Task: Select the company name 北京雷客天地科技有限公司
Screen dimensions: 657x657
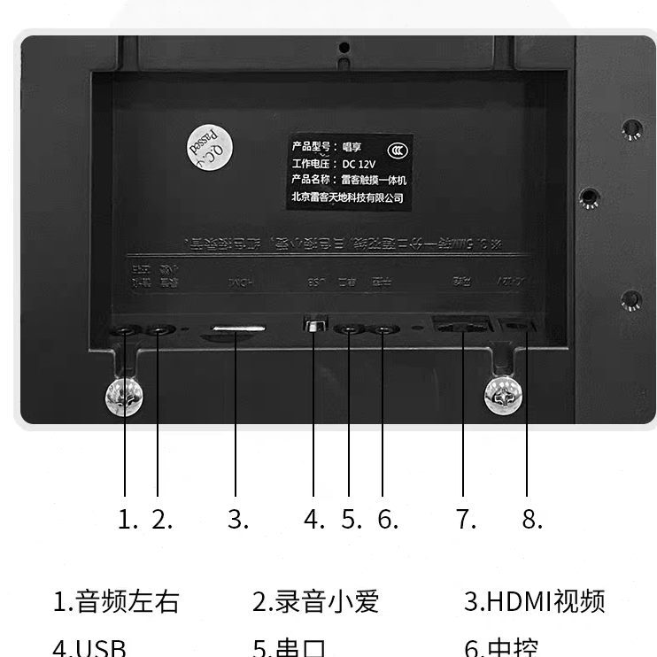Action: pyautogui.click(x=347, y=197)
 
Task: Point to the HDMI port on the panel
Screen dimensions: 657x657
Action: pyautogui.click(x=236, y=331)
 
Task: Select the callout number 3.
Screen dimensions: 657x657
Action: pyautogui.click(x=237, y=520)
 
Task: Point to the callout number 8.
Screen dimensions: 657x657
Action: pyautogui.click(x=531, y=520)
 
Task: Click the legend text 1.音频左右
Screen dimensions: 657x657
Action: pyautogui.click(x=116, y=602)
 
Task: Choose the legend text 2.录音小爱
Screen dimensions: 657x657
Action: pyautogui.click(x=316, y=602)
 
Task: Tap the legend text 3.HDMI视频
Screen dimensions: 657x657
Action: pyautogui.click(x=535, y=602)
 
